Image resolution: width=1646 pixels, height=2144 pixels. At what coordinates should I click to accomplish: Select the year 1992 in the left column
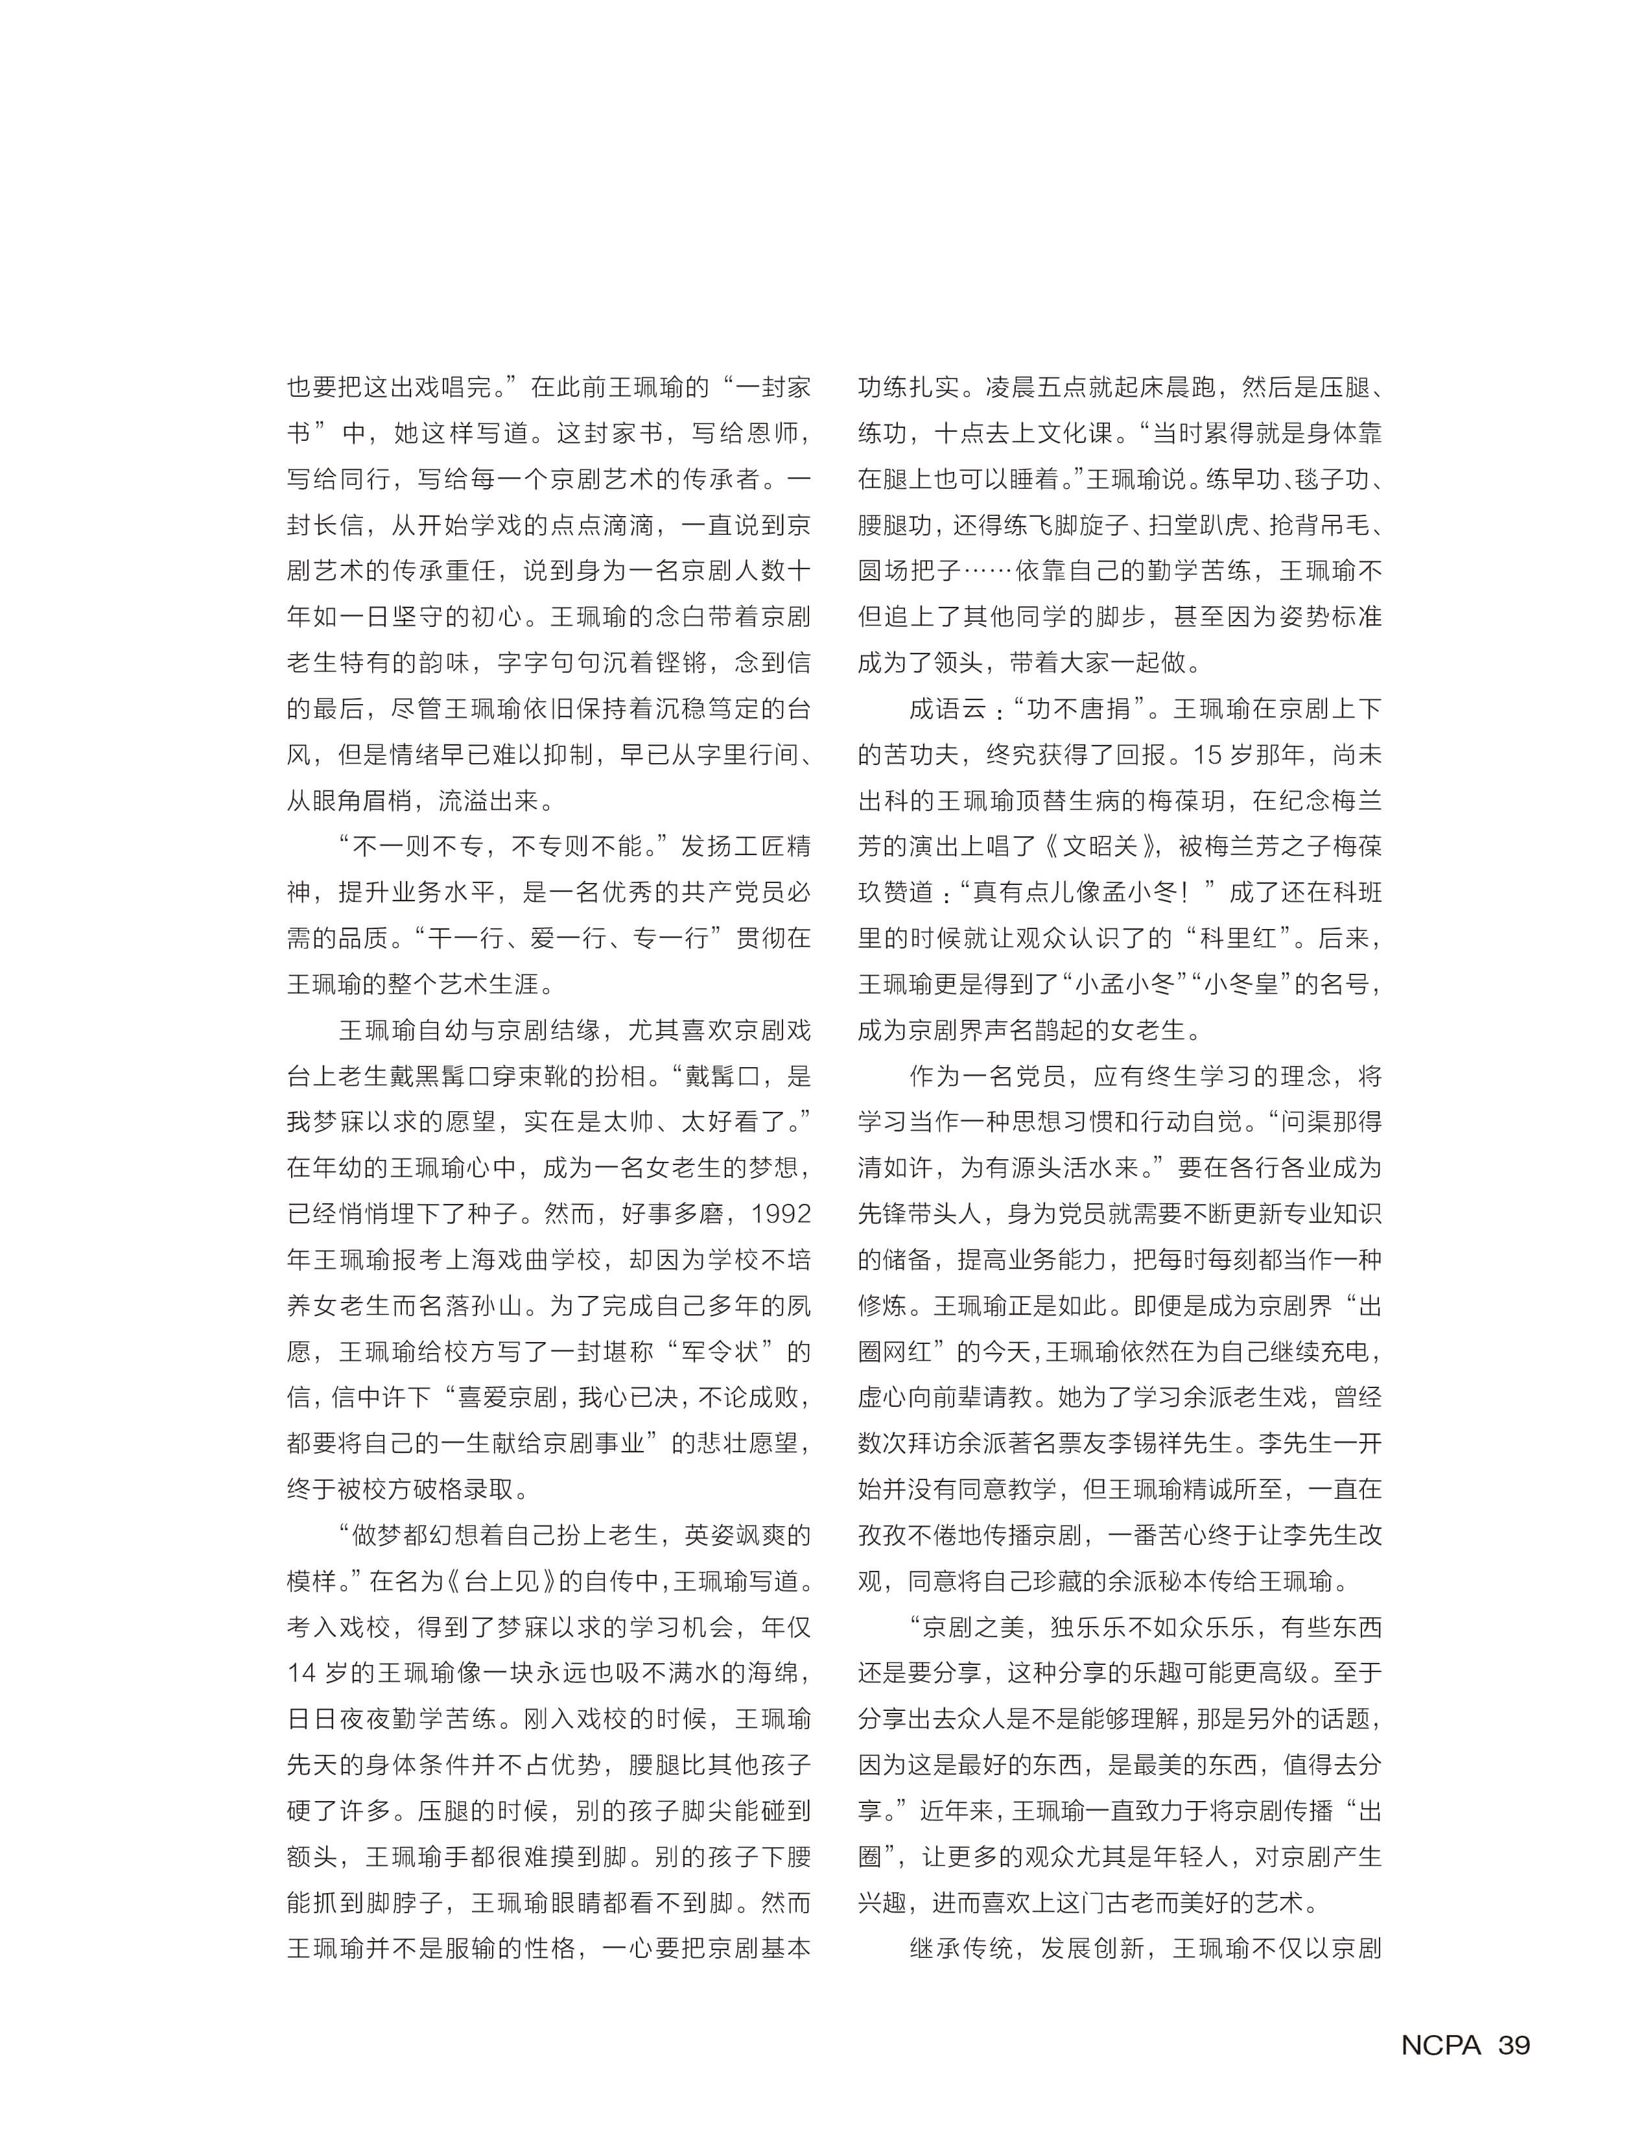click(x=781, y=1214)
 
